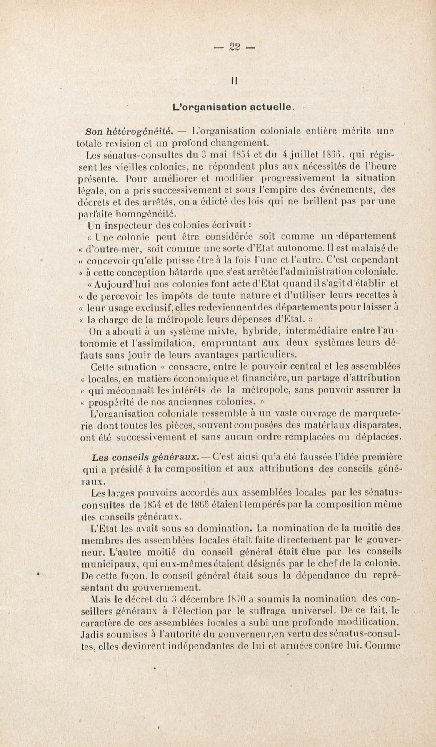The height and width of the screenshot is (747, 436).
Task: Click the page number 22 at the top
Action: pos(235,47)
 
